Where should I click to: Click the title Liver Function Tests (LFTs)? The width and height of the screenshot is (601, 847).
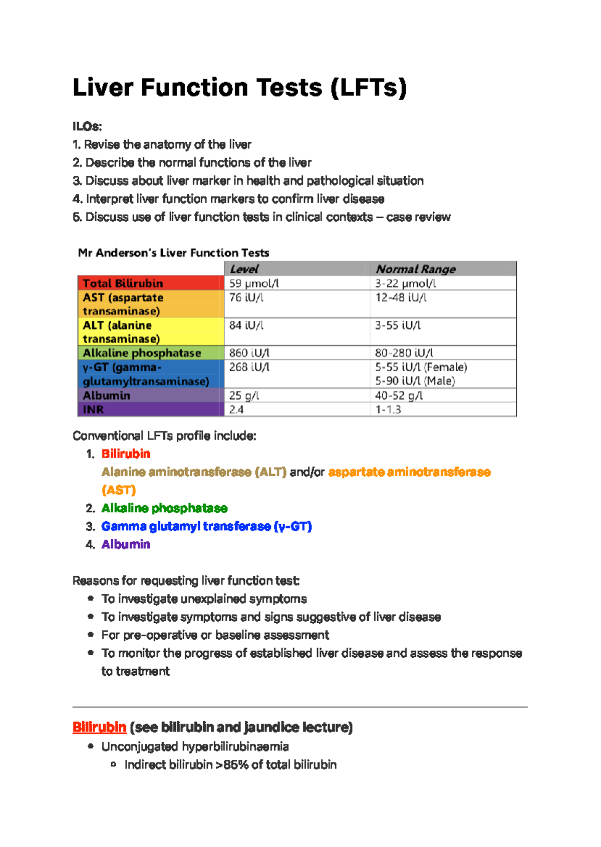[x=239, y=88]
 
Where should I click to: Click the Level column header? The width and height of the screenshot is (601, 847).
[x=244, y=269]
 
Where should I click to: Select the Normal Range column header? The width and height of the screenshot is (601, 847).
[x=415, y=269]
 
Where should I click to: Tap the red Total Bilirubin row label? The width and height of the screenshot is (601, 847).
[x=123, y=283]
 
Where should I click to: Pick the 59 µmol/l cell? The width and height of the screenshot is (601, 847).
[x=253, y=283]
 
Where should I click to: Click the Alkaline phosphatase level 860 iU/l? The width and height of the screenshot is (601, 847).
[x=249, y=353]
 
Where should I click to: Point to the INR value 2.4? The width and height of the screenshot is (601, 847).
[x=236, y=409]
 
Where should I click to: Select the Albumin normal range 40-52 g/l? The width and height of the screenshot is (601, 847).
[x=399, y=395]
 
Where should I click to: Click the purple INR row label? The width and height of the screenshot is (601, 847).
[x=94, y=409]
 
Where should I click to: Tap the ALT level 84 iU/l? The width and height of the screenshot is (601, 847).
[x=246, y=325]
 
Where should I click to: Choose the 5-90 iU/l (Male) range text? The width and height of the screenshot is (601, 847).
[x=415, y=381]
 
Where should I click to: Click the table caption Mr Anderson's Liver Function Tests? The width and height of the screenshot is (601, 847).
[x=173, y=253]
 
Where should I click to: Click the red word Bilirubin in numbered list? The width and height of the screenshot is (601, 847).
[x=126, y=454]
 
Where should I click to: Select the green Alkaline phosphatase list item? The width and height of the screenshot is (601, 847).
[x=164, y=508]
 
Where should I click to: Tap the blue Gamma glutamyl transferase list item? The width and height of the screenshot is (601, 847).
[x=206, y=526]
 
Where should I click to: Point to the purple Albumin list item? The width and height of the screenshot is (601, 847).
[x=126, y=544]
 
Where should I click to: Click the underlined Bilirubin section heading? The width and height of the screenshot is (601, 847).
[x=99, y=727]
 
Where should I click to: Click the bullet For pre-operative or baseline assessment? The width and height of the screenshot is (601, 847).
[x=215, y=635]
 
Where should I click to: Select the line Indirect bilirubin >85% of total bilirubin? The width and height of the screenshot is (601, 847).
[x=230, y=765]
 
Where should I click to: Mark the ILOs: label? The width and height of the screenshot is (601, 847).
[x=87, y=126]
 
